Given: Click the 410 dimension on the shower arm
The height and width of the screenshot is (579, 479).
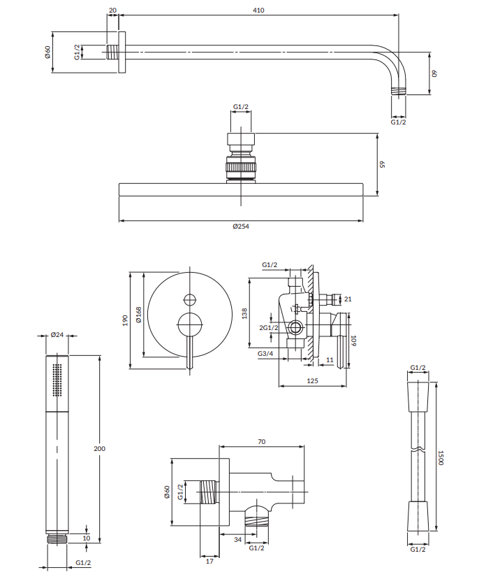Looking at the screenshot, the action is coord(258,10).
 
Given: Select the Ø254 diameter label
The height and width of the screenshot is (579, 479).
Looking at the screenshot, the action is coord(241,227).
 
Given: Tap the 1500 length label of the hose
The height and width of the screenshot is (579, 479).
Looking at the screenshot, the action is coord(441,457).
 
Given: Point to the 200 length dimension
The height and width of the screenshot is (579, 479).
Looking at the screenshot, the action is coord(100,449).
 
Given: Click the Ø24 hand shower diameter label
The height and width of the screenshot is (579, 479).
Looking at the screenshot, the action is coord(57,335).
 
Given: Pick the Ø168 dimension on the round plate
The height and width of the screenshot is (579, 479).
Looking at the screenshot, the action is coord(139,315).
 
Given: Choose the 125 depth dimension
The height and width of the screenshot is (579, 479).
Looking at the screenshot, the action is coord(312,380).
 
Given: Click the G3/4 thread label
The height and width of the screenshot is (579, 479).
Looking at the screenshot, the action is coord(265,354).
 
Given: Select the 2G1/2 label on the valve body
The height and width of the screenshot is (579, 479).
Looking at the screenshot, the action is coord(269,328).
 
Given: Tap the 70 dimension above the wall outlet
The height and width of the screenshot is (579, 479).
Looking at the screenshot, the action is coord(261,442).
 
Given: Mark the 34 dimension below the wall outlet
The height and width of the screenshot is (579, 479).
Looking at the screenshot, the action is coord(238,540).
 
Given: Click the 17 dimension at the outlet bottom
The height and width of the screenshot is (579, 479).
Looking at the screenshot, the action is coord(209,562).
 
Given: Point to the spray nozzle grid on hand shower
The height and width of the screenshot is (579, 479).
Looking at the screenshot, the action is coord(57,380).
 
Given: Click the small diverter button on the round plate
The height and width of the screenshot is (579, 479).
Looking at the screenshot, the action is coord(190,300).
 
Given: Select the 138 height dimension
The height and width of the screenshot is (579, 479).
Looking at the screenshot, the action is coord(244,313).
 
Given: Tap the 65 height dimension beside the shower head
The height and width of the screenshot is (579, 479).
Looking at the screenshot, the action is coord(382,164).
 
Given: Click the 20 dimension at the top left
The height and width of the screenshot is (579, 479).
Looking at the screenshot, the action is coord(113,10).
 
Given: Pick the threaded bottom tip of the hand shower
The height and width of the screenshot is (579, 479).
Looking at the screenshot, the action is coord(57,538).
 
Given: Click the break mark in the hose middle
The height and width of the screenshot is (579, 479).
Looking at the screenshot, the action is coord(418,450).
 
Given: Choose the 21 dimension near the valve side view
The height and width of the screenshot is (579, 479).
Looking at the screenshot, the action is coord(348,299).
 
